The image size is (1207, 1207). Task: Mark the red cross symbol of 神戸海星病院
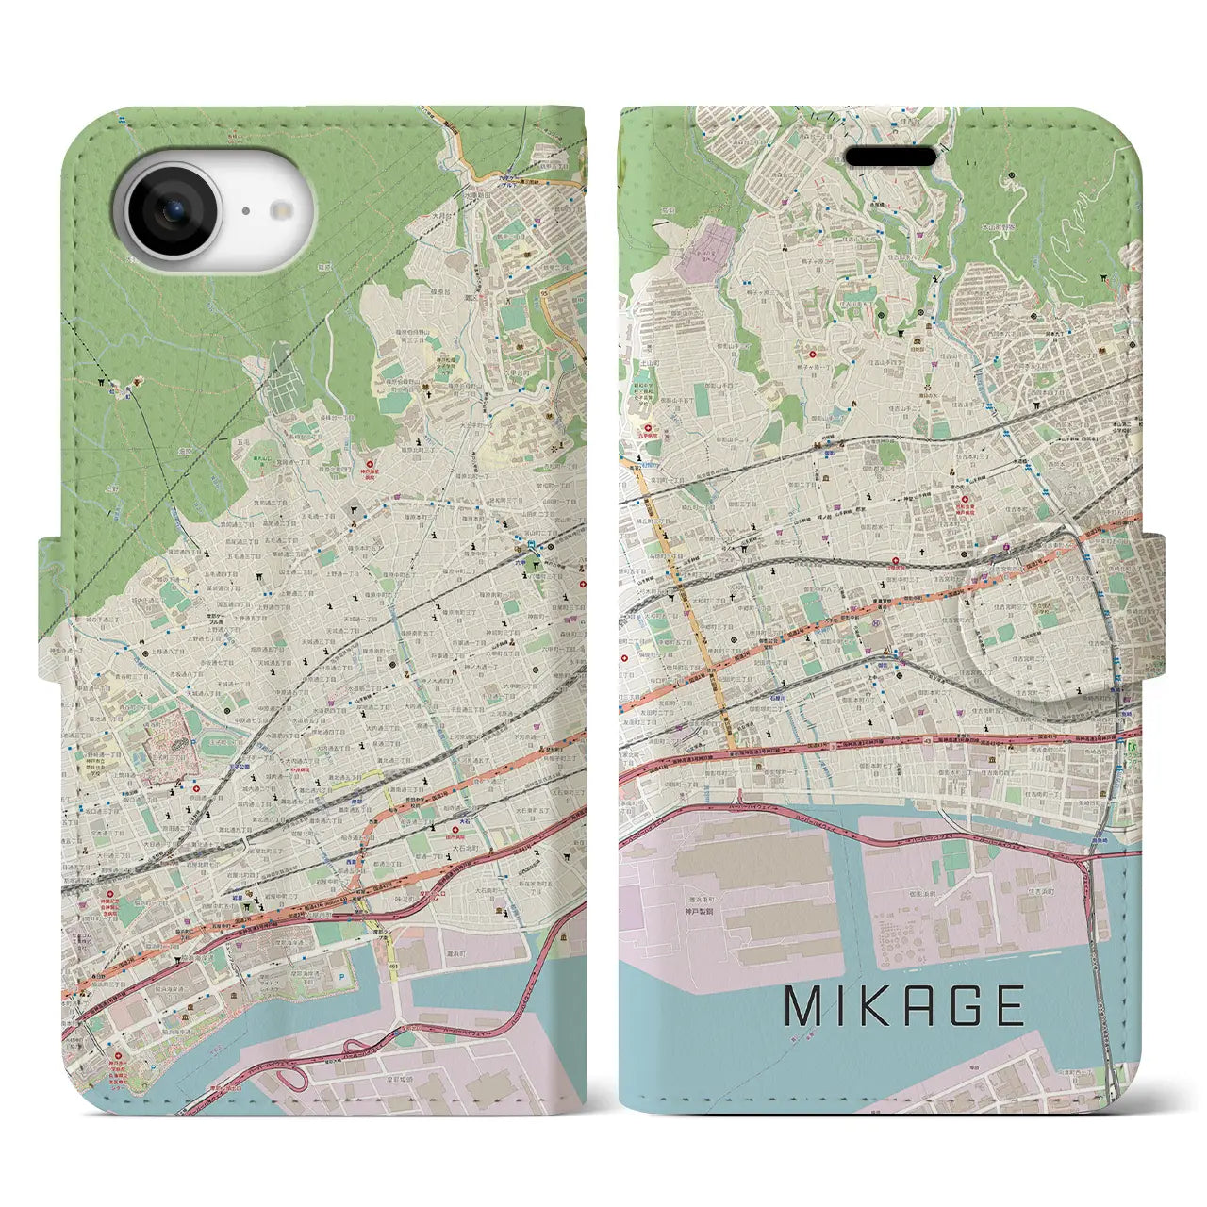pos(369,464)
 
